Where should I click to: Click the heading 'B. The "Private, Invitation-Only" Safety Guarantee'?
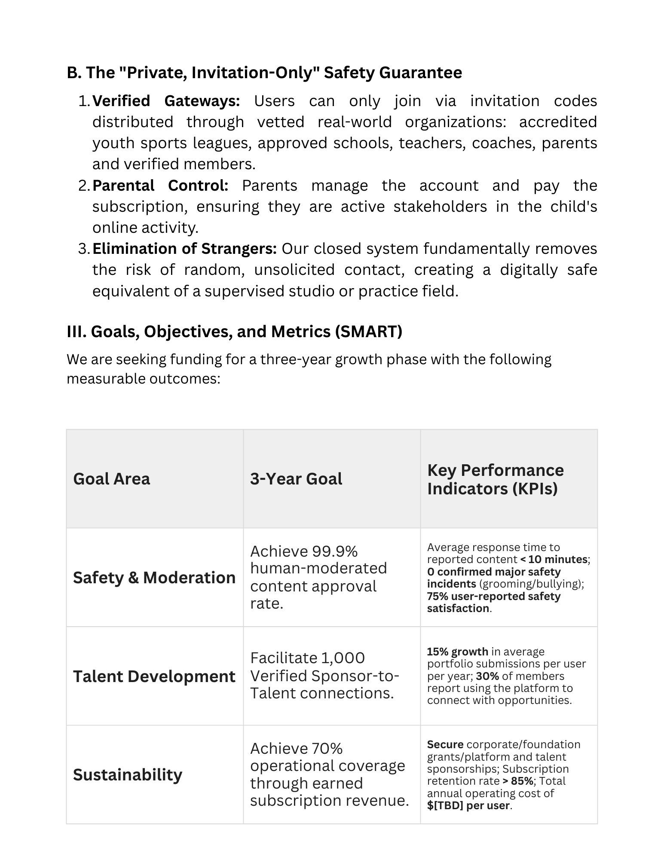coord(264,73)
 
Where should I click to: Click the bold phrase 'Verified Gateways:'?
coord(166,101)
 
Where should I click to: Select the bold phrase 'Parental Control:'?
coord(160,186)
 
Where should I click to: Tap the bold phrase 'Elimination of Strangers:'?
coord(184,249)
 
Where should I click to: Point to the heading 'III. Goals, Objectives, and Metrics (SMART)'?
coord(234,332)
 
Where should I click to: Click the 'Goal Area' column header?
coord(112,479)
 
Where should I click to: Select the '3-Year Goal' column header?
coord(296,479)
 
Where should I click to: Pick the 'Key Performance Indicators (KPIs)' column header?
coord(495,479)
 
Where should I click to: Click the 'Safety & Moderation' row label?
coord(154,578)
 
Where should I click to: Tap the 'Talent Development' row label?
coord(154,676)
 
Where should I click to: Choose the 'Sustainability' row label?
coord(128,775)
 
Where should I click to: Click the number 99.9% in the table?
coord(335,551)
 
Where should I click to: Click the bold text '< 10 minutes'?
coord(554,560)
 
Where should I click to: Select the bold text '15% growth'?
coord(457,652)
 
